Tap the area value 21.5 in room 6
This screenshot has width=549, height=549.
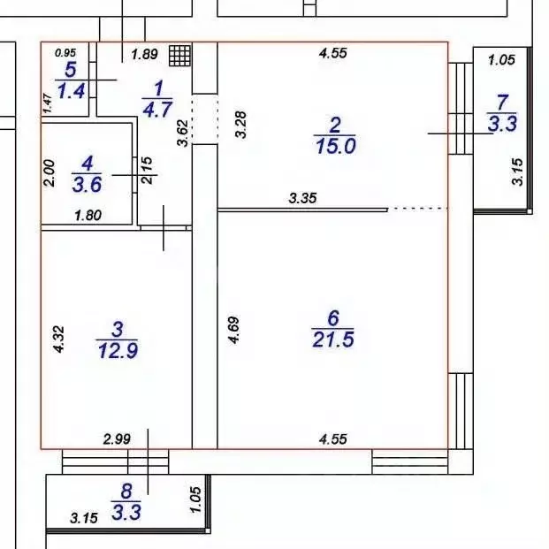(x=333, y=339)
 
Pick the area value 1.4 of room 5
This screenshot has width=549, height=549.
(x=71, y=91)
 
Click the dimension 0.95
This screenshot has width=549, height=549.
(x=65, y=52)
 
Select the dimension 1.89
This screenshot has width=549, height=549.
(x=144, y=55)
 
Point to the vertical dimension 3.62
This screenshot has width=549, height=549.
(x=183, y=131)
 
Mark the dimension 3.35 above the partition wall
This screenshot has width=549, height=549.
(x=303, y=200)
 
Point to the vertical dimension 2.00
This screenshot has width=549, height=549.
(x=50, y=172)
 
